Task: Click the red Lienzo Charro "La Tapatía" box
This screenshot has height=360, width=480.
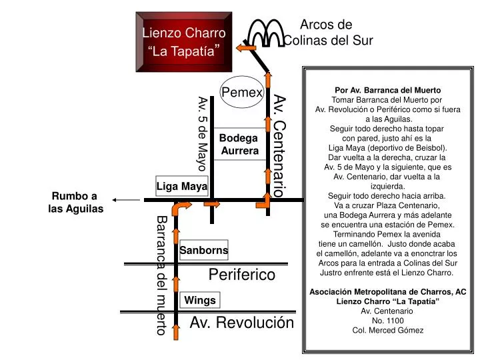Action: click(184, 42)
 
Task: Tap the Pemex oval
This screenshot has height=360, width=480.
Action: click(242, 92)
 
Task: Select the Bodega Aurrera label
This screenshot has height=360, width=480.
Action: click(239, 144)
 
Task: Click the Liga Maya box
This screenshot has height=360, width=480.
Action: click(182, 186)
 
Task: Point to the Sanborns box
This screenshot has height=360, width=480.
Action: click(204, 250)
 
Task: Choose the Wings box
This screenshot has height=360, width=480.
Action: click(200, 300)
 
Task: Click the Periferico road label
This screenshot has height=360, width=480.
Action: click(242, 274)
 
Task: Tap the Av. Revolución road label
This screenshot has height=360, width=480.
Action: click(242, 323)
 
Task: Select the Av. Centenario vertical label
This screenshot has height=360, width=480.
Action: click(279, 146)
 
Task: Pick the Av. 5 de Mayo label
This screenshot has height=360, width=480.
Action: click(203, 133)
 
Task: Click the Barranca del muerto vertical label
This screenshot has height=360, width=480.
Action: click(162, 275)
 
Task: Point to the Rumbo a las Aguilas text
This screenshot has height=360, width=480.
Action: click(75, 202)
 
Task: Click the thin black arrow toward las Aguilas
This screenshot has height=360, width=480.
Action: click(126, 200)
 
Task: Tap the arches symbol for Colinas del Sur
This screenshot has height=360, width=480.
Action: click(266, 33)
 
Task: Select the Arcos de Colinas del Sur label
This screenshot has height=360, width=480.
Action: click(328, 33)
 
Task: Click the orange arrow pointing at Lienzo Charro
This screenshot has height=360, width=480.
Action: click(246, 48)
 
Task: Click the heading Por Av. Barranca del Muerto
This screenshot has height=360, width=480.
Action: click(388, 90)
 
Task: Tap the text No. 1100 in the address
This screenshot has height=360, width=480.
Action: click(388, 321)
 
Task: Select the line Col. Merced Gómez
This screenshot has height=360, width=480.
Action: click(388, 330)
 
